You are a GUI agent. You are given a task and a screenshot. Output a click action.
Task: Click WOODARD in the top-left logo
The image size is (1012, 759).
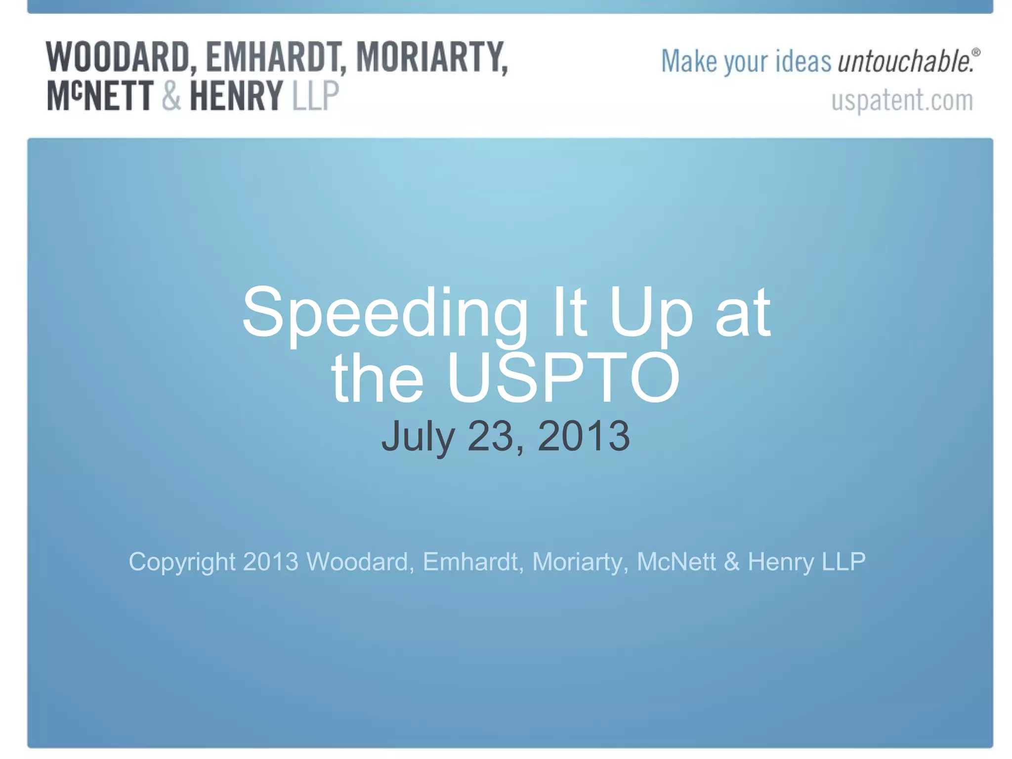[118, 57]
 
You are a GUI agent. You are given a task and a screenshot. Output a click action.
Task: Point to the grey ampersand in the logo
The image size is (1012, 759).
[171, 96]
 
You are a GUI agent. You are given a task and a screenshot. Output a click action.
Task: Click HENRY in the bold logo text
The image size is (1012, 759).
[236, 96]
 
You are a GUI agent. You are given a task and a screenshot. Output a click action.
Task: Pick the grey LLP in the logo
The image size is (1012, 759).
[315, 96]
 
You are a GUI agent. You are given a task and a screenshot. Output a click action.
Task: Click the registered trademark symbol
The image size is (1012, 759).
[975, 52]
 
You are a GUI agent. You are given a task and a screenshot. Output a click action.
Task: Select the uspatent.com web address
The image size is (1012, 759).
[902, 100]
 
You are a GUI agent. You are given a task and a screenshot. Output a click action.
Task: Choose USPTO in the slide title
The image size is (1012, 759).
[563, 378]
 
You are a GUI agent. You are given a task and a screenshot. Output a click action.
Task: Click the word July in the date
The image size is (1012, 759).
[418, 436]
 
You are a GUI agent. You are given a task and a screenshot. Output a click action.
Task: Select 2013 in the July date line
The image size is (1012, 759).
[584, 436]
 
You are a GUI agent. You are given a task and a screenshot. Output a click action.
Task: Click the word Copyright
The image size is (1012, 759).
[182, 562]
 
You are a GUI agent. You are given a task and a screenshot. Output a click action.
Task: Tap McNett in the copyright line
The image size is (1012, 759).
[676, 562]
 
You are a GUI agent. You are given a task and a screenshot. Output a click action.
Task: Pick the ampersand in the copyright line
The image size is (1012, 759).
[731, 562]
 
